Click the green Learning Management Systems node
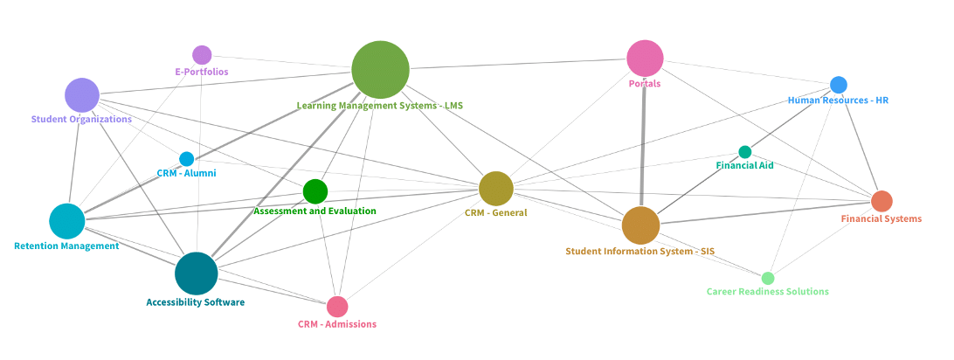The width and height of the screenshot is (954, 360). [x=380, y=70]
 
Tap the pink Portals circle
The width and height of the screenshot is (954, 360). [x=645, y=59]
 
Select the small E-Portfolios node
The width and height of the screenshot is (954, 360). [x=202, y=55]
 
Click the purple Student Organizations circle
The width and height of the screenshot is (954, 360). [x=82, y=95]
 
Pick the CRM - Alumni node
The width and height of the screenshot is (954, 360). [x=186, y=159]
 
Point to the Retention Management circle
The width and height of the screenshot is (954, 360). [x=66, y=221]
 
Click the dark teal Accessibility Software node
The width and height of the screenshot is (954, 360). [x=196, y=273]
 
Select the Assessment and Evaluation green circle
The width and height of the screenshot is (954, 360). [x=315, y=191]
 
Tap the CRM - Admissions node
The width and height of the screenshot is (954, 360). [x=337, y=307]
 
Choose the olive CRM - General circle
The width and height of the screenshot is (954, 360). [x=495, y=189]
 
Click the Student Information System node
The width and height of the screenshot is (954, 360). [x=640, y=225]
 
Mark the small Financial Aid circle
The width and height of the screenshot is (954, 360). [x=744, y=152]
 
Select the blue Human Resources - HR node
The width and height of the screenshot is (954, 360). [x=838, y=85]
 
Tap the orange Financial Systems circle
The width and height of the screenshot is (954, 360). [x=881, y=201]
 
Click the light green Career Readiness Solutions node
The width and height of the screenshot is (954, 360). [x=767, y=278]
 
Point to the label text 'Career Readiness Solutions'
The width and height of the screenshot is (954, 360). [x=767, y=292]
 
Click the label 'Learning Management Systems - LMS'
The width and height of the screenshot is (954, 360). [x=379, y=106]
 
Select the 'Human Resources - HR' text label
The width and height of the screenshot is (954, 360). [x=838, y=100]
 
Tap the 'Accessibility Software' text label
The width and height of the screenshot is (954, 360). [x=195, y=302]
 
